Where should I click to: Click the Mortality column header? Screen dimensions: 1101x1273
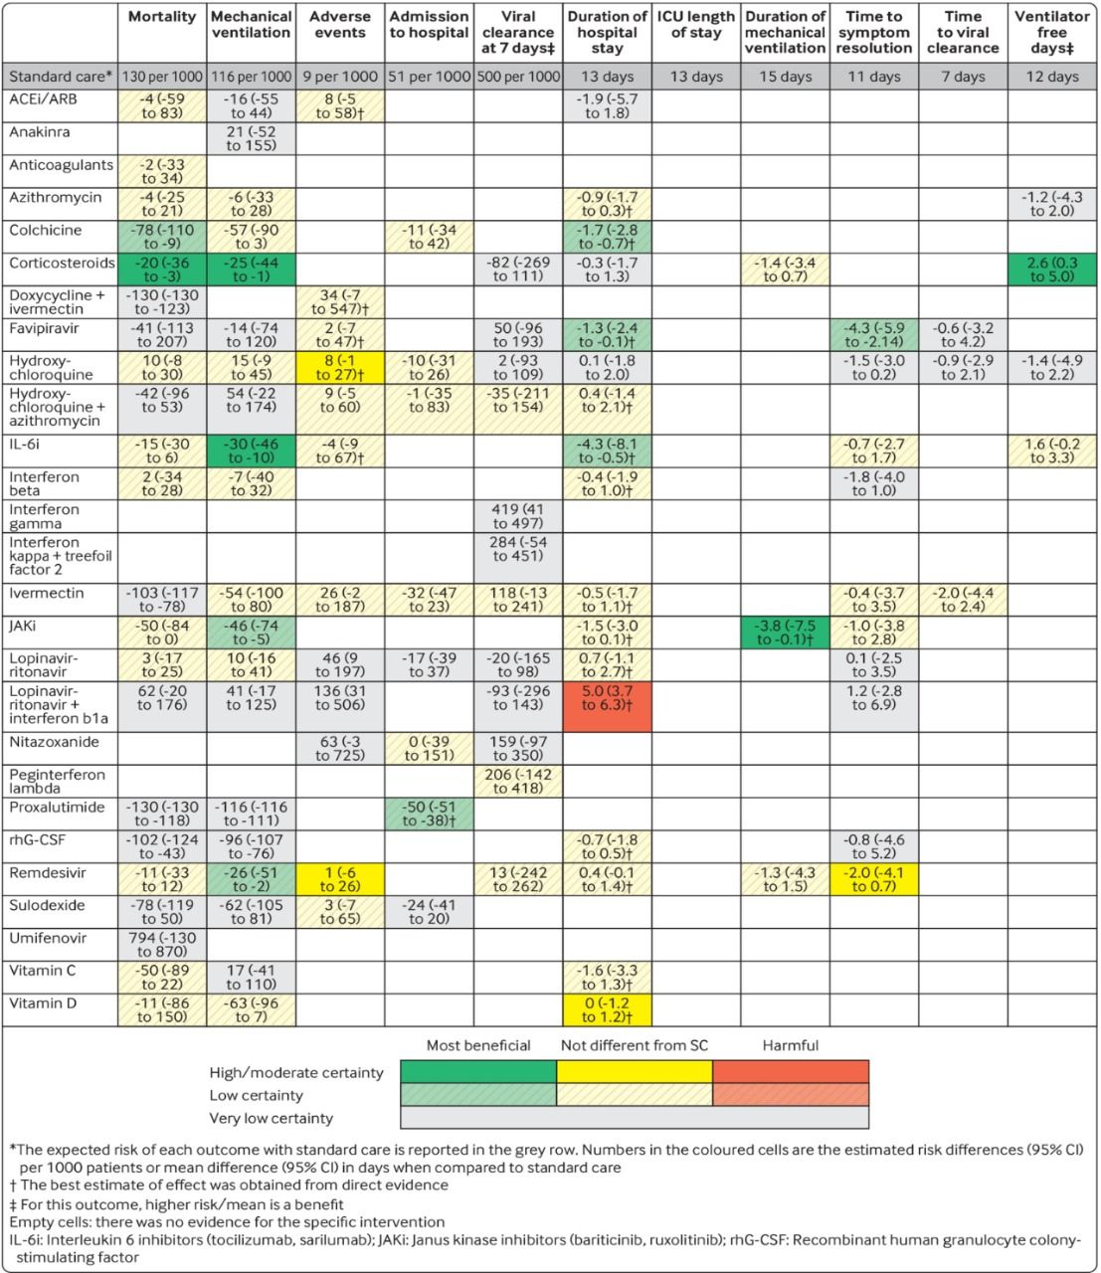click(x=162, y=17)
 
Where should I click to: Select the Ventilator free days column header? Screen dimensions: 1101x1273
click(x=1051, y=32)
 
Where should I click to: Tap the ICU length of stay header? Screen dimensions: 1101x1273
click(x=696, y=25)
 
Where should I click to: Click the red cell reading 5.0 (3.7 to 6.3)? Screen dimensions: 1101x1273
click(x=607, y=706)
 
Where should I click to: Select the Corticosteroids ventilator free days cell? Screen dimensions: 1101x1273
click(x=1051, y=270)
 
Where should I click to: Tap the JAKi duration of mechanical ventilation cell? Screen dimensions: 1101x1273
click(x=785, y=634)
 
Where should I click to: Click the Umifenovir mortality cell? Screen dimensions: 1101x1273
click(x=162, y=945)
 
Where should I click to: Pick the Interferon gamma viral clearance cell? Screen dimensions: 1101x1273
click(x=518, y=516)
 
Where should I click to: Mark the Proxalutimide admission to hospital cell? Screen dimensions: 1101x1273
click(x=430, y=814)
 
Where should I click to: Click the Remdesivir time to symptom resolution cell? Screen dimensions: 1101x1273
click(x=874, y=879)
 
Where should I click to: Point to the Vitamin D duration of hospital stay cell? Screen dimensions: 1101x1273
click(x=607, y=1010)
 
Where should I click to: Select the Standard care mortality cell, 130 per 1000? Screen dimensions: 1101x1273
click(x=162, y=77)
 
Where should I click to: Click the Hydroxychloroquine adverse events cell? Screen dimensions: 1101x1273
click(x=340, y=368)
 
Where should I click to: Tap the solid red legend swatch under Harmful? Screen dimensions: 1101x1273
click(x=791, y=1072)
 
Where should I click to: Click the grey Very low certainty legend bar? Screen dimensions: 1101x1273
click(x=635, y=1118)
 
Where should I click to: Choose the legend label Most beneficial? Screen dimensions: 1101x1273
click(x=478, y=1045)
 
